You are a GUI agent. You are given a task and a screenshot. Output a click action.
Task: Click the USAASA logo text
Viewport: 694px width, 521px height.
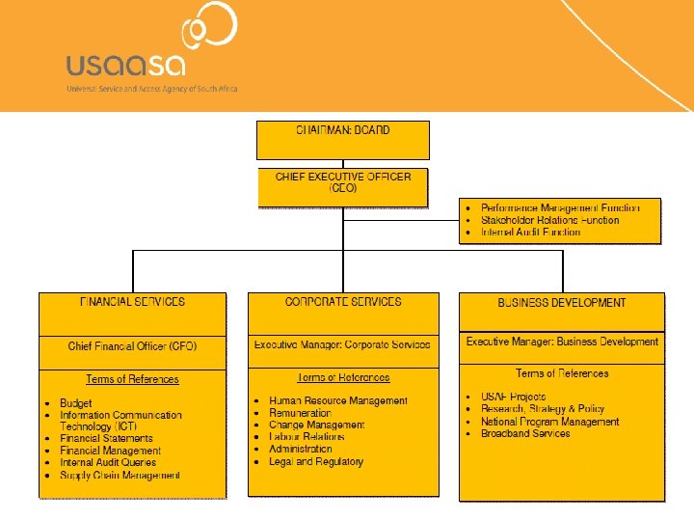point(125,64)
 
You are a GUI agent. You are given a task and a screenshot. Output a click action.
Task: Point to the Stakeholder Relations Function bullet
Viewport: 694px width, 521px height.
point(549,220)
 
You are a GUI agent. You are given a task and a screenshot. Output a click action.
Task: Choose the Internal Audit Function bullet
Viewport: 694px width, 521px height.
point(530,233)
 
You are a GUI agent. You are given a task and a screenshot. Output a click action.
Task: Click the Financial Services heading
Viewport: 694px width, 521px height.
point(132,302)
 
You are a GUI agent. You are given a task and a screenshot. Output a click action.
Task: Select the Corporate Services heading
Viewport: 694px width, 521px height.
point(343,302)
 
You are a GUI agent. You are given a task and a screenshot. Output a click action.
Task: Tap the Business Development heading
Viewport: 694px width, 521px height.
point(561,303)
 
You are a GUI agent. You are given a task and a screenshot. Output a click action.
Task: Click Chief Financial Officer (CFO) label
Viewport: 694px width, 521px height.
point(132,345)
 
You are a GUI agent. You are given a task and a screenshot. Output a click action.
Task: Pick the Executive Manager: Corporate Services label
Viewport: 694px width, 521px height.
point(342,344)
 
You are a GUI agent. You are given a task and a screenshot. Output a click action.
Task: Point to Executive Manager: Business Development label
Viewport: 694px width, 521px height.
point(562,342)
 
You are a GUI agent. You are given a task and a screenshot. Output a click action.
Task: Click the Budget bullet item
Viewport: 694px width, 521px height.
point(76,403)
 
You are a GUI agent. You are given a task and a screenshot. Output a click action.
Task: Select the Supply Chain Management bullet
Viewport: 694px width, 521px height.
point(120,475)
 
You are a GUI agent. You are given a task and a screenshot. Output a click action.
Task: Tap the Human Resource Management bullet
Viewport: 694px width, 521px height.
point(337,400)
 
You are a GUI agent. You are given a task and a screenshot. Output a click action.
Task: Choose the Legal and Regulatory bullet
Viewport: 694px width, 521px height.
point(316,461)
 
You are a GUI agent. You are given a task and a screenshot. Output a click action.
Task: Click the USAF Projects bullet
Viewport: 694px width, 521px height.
point(513,397)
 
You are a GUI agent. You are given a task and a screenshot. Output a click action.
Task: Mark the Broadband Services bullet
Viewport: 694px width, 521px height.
point(525,433)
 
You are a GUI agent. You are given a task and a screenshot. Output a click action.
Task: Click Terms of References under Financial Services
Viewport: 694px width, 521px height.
point(132,379)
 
